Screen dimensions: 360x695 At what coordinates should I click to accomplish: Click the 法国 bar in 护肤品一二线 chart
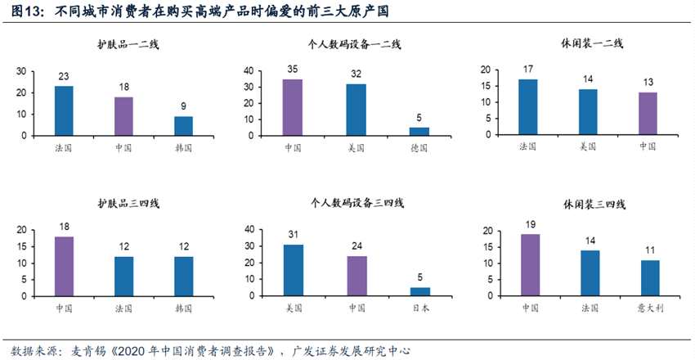(63, 110)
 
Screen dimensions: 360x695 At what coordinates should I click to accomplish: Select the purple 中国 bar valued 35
(292, 107)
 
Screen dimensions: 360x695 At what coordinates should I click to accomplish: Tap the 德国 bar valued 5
(419, 131)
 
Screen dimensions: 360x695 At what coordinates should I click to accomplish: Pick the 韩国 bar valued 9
(183, 125)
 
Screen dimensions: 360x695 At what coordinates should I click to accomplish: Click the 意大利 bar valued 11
(650, 278)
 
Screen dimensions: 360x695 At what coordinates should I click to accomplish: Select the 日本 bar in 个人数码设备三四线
(419, 291)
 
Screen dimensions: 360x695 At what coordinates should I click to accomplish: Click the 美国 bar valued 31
(292, 270)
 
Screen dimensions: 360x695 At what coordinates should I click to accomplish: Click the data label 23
(63, 76)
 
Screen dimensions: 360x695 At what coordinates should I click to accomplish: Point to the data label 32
(356, 73)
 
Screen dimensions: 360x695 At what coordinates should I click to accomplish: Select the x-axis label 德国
(419, 148)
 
